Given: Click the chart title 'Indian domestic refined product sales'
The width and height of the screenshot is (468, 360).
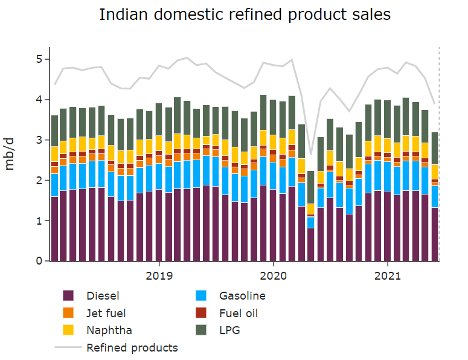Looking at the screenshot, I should tap(245, 15).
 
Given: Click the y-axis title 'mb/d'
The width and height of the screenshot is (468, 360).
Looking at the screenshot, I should tap(11, 154).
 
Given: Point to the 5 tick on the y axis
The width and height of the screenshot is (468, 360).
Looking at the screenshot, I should tap(39, 59).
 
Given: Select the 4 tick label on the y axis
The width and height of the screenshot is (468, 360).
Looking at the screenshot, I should tap(39, 100).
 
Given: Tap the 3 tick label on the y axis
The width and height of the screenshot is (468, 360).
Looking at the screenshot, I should tap(39, 140).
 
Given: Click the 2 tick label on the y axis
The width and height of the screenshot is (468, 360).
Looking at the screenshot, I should tap(39, 181).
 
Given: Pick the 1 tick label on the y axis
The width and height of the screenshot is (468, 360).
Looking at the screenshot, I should tap(39, 221).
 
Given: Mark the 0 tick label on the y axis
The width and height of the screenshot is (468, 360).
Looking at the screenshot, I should tap(39, 262).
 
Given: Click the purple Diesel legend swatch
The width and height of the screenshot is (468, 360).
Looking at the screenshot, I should tap(68, 296).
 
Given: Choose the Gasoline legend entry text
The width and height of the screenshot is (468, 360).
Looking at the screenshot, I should tap(242, 296).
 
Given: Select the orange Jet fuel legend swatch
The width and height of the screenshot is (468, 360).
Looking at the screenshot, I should tap(68, 313).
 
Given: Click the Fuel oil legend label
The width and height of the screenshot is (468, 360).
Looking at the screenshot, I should tap(239, 313).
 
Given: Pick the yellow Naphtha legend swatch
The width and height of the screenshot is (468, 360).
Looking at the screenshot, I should tap(68, 330).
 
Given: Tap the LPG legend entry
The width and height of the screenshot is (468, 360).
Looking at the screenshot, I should tap(229, 330).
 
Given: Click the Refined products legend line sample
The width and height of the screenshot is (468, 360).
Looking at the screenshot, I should tap(68, 347).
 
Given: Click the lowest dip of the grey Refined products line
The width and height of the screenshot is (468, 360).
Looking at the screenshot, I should tap(310, 154).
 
